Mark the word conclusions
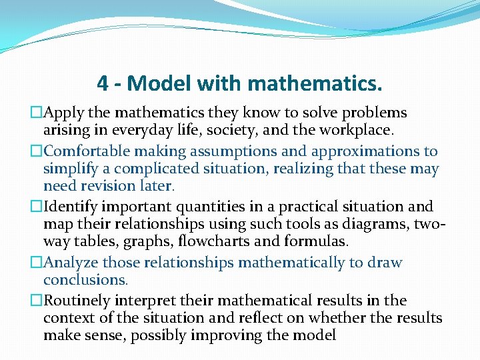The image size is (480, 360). pyautogui.click(x=85, y=280)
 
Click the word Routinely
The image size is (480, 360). pyautogui.click(x=76, y=301)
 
